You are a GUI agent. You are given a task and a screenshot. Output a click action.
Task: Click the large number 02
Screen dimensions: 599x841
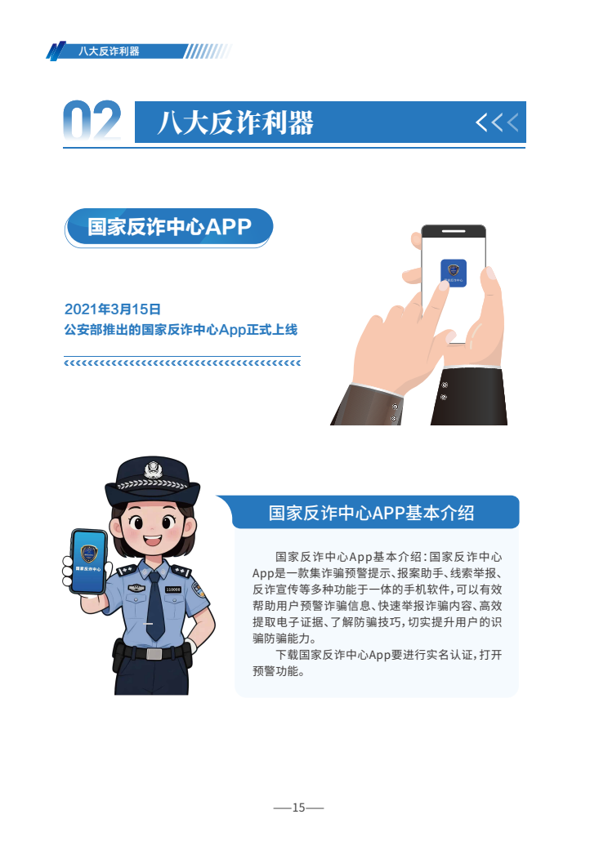tap(92, 120)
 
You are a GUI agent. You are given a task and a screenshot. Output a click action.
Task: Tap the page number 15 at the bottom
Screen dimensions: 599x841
tap(298, 808)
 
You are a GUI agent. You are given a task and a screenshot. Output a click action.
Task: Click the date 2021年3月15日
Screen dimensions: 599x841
tap(113, 309)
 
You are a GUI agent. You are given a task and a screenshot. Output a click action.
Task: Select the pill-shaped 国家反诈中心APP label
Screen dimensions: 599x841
tap(168, 228)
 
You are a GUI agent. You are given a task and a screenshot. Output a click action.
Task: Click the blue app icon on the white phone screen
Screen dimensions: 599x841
tap(454, 273)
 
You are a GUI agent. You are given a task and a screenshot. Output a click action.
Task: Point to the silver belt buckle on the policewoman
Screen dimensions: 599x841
tap(154, 654)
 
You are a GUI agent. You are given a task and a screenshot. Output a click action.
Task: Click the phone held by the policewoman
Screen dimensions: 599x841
tap(88, 561)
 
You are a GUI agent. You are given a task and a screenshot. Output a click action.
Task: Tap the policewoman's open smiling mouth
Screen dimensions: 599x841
tap(152, 540)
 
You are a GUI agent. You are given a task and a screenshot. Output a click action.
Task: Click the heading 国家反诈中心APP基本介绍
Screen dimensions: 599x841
tap(372, 513)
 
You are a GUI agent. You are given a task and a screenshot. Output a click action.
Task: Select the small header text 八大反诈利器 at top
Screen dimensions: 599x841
tap(109, 51)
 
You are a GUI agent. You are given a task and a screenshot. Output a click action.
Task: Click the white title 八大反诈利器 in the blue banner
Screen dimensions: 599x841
tap(235, 122)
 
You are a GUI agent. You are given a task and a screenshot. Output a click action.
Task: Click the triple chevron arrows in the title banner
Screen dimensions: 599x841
tap(497, 122)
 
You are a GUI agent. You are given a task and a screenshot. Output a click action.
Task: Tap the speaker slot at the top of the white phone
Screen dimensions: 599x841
tap(454, 231)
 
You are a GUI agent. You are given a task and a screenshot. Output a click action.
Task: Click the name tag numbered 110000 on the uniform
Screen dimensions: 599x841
tap(172, 590)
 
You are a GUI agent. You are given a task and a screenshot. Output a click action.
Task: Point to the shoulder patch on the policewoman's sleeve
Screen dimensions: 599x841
tap(198, 590)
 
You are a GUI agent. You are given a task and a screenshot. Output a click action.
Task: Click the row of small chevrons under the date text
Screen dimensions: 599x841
tap(182, 363)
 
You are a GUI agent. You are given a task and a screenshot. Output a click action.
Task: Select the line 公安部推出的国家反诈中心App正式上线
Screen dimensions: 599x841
tap(181, 329)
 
